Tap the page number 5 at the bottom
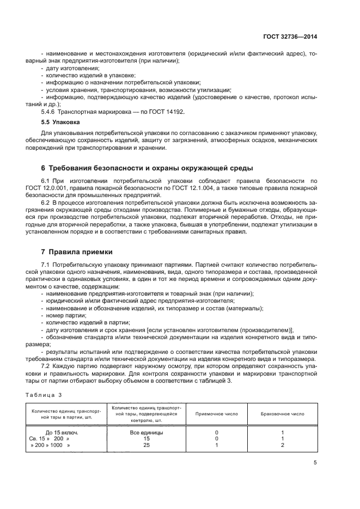pos(315,463)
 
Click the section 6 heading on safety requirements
pos(147,167)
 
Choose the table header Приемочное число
pos(216,414)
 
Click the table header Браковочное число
pos(282,414)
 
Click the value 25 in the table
pos(146,445)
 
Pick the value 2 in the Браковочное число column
pos(282,445)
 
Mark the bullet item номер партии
pos(62,315)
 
